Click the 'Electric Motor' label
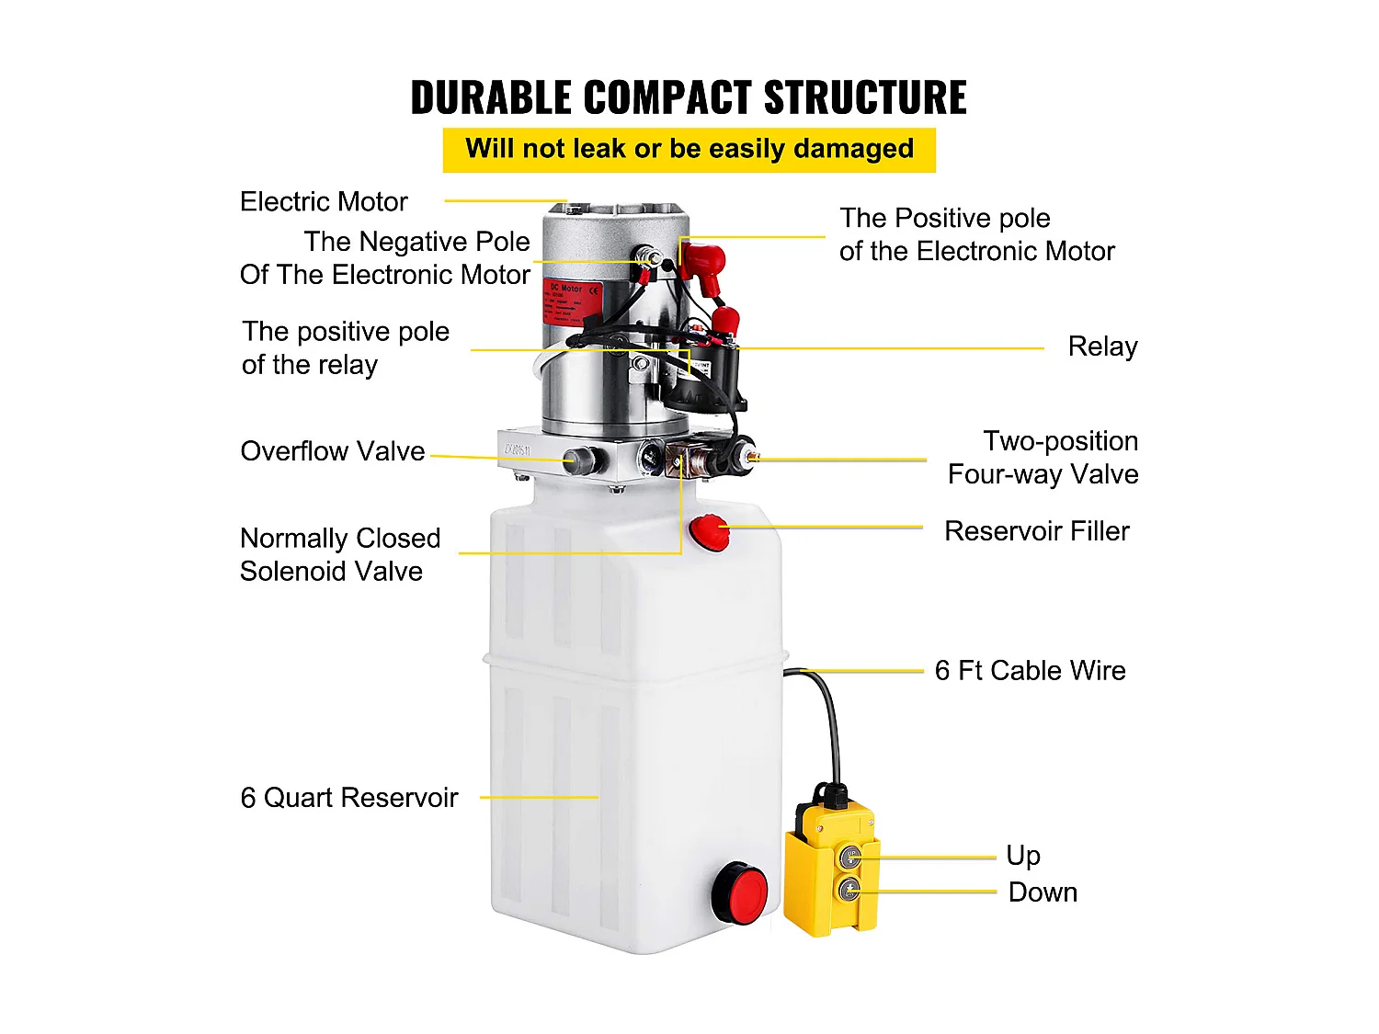tap(324, 202)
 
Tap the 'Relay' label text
tap(1102, 347)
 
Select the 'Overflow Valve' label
tap(332, 451)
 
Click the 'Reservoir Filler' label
tap(1036, 531)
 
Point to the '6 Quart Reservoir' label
tap(348, 798)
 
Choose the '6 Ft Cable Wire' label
tap(1030, 671)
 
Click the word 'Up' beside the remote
tap(1022, 856)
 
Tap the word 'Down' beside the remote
tap(1043, 892)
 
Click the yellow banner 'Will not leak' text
tap(689, 149)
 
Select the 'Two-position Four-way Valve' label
tap(1043, 458)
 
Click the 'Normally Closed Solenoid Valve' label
tap(339, 554)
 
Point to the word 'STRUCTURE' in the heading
tap(865, 98)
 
